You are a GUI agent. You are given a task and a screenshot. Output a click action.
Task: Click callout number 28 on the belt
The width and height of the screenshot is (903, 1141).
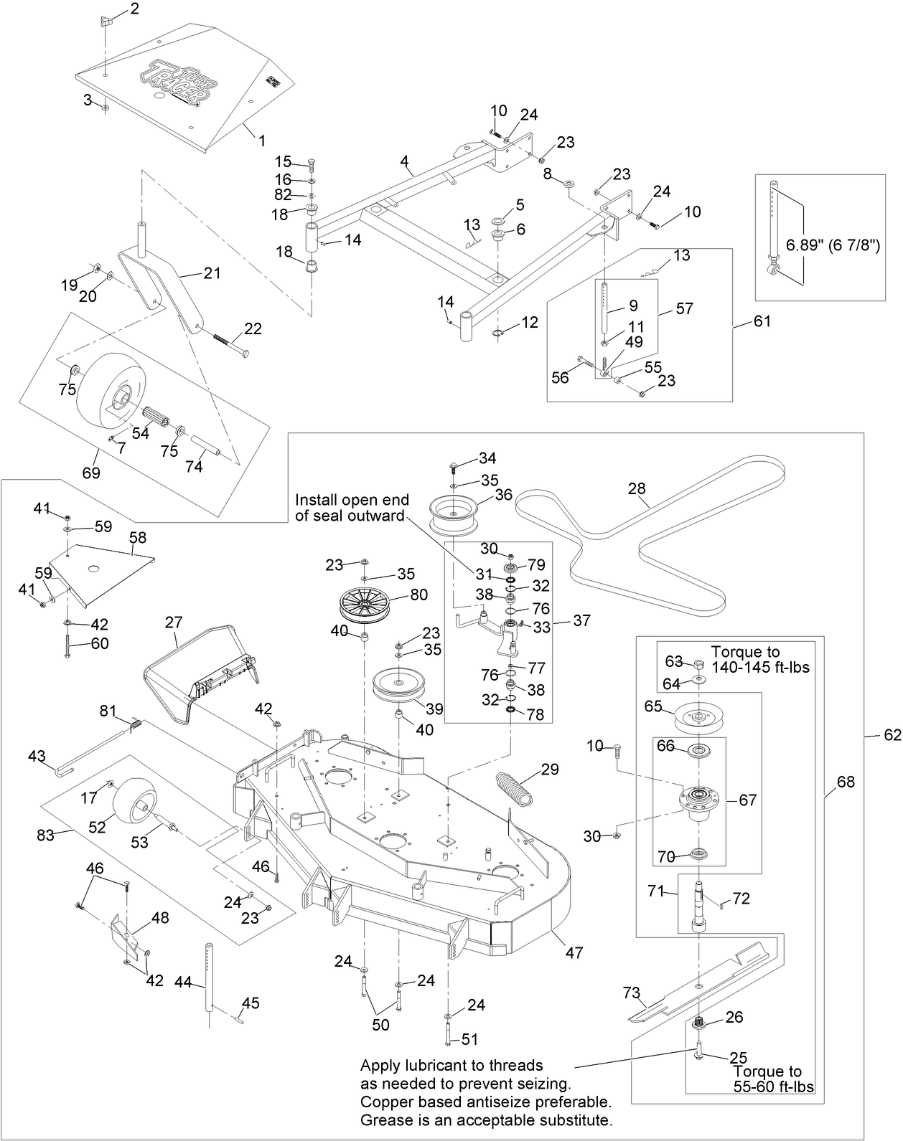636,489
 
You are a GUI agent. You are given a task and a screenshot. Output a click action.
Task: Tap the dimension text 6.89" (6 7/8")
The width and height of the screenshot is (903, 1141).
833,245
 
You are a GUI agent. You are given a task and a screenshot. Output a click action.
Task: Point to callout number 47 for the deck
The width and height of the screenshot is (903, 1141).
574,952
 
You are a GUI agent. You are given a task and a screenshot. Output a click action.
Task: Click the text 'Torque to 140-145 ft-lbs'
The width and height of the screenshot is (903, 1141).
759,659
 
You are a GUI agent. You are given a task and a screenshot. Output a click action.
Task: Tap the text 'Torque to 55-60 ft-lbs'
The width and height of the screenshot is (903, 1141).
772,1079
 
